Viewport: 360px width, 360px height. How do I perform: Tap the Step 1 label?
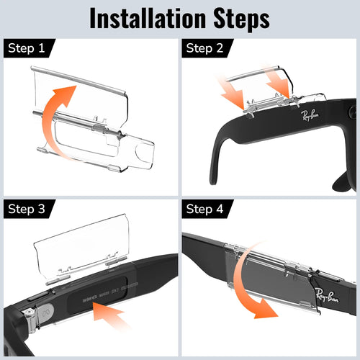(27, 48)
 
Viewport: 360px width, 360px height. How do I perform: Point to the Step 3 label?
(27, 210)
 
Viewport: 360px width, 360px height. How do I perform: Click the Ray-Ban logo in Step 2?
(311, 115)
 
